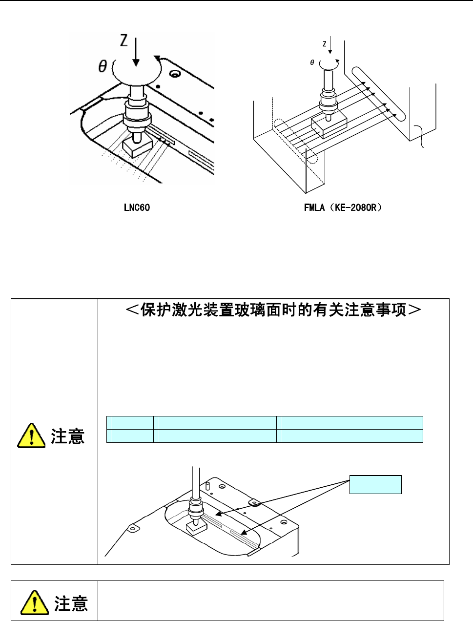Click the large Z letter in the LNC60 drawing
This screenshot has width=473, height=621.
point(124,40)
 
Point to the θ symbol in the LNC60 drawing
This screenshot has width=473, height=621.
point(103,66)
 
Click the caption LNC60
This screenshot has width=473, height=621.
point(137,207)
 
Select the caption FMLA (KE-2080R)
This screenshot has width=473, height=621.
point(343,207)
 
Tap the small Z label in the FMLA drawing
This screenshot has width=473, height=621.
point(325,44)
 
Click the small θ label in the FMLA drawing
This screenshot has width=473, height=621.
point(312,62)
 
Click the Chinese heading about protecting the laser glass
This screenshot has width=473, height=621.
point(274,310)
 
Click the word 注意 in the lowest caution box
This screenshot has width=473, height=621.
point(71,604)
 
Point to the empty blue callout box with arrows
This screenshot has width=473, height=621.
point(375,484)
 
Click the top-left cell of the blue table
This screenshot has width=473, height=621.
point(130,423)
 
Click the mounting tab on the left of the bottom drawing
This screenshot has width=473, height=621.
point(132,528)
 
